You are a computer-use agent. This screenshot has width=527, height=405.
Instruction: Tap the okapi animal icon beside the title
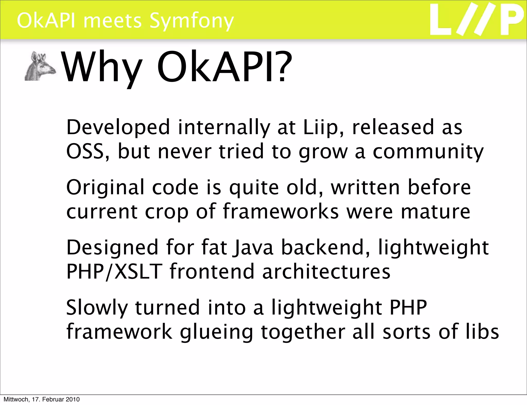40,66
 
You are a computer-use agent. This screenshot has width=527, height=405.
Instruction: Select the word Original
106,188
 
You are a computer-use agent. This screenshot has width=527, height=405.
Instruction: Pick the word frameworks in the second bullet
280,211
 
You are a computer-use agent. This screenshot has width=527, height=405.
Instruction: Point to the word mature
435,211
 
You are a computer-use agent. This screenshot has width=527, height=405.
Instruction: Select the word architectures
326,271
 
